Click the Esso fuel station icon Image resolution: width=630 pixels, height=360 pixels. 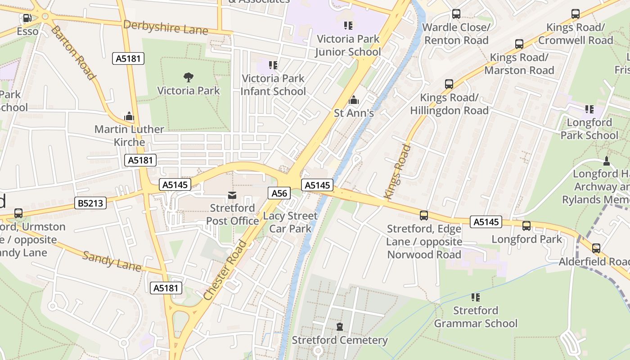point(27,18)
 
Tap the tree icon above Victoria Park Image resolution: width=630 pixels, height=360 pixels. point(189,77)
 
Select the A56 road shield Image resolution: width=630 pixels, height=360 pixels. point(279,193)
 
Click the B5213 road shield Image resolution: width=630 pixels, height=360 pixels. point(90,203)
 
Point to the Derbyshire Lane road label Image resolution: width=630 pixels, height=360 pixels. point(166,27)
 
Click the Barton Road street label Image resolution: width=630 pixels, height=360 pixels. point(73,53)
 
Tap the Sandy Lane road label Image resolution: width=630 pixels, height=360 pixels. point(112,261)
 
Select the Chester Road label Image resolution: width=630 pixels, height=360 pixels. point(225,270)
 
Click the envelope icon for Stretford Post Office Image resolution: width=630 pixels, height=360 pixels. point(232,195)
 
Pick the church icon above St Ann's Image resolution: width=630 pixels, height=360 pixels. point(354,99)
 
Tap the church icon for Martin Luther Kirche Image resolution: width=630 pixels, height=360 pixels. point(129,117)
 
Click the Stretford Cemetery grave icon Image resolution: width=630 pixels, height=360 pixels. point(340,327)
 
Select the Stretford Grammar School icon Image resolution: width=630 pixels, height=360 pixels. point(476,297)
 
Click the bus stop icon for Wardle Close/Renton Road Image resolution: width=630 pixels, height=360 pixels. point(456,14)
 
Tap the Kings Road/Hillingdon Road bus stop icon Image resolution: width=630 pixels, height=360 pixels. point(449,84)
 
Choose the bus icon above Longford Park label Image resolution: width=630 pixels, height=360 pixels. point(526,226)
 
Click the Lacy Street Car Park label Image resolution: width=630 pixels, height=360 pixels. point(290,222)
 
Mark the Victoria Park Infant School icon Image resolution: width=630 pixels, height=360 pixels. point(273,65)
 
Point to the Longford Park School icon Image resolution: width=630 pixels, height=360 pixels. point(589,109)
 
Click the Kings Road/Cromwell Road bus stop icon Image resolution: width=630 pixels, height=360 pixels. point(576,14)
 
